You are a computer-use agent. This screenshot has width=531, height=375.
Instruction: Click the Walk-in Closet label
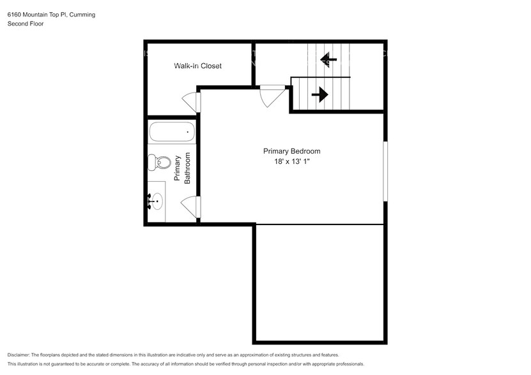198,66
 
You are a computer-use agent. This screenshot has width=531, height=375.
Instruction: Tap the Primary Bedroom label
291,151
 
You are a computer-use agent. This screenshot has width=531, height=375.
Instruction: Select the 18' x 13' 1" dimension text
291,162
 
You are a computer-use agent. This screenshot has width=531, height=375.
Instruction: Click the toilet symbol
161,163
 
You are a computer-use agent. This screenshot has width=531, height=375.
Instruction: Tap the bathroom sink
155,202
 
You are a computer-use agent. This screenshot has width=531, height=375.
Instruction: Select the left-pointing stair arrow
328,61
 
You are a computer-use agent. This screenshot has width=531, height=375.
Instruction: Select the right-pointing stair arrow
319,95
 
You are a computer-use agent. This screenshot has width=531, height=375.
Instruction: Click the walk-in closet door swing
191,101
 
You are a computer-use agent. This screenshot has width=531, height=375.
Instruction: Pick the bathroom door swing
191,206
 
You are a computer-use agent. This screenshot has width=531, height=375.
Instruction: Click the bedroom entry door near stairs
270,96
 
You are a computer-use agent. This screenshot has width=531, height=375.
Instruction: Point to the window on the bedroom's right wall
385,171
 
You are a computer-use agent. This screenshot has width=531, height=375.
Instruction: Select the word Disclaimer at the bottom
19,355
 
